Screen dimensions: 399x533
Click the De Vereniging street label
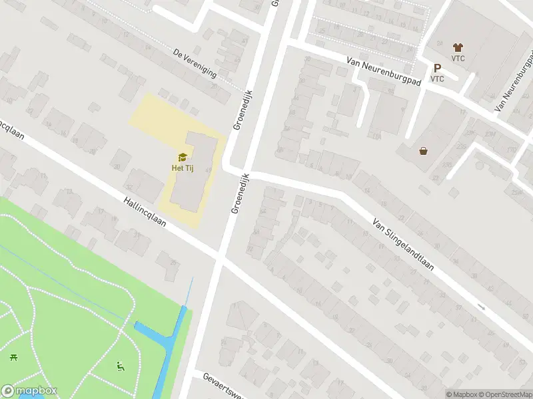tap(195, 63)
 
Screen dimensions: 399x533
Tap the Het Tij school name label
tap(182, 167)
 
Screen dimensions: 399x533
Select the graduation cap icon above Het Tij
tap(182, 157)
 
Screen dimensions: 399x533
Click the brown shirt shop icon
tap(457, 47)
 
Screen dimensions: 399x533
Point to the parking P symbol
tap(437, 68)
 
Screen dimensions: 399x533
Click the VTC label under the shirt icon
tap(457, 58)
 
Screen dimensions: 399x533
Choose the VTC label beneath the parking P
tap(437, 78)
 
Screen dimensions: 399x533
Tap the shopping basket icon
tap(423, 150)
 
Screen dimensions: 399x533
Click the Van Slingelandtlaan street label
tap(403, 245)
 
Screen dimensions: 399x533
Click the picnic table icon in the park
tap(13, 358)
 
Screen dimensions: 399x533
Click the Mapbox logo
tap(29, 391)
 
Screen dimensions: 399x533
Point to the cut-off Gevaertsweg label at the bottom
tap(220, 386)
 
